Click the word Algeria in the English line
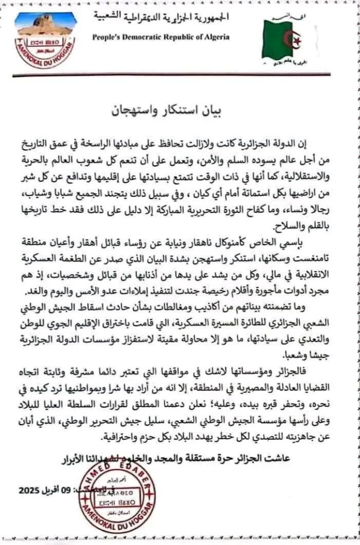pyautogui.click(x=215, y=37)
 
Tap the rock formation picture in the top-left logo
pyautogui.click(x=45, y=25)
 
